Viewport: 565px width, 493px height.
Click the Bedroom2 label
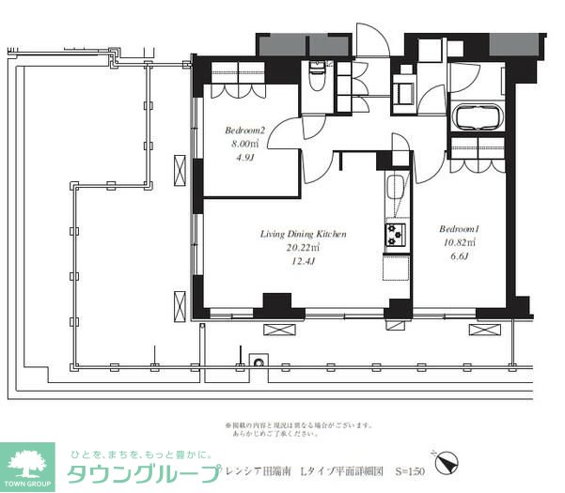[x=243, y=131]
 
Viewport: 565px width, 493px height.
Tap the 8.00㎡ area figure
[x=243, y=145]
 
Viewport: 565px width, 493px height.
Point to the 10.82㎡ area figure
[x=458, y=243]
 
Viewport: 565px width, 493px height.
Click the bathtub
[x=479, y=118]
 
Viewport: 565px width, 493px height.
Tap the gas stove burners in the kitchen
[x=393, y=232]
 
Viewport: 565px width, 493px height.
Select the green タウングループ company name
[x=141, y=470]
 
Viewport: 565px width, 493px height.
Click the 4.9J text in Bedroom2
[x=243, y=159]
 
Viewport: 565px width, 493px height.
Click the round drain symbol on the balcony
[x=256, y=360]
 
